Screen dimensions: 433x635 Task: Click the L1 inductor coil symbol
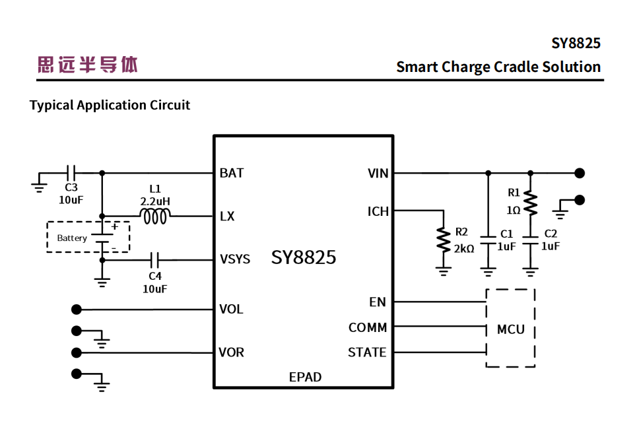point(155,216)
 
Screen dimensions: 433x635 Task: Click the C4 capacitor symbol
point(155,259)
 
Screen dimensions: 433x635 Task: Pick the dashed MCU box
point(510,328)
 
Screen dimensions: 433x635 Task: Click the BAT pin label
point(232,173)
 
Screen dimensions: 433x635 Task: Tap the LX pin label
point(227,216)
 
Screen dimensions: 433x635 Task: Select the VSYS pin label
point(235,259)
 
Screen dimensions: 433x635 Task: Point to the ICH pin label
point(378,212)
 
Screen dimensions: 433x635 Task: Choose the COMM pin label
point(368,327)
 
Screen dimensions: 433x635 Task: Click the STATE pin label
point(367,352)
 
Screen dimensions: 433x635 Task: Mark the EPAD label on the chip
point(305,377)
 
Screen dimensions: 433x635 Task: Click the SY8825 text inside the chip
point(304,257)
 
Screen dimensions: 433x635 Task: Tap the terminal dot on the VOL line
point(77,309)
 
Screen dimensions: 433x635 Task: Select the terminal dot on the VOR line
point(77,352)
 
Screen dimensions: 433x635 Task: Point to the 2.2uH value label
point(155,200)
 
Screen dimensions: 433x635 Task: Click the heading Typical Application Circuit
point(110,105)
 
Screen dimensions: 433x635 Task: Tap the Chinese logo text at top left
point(88,65)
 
